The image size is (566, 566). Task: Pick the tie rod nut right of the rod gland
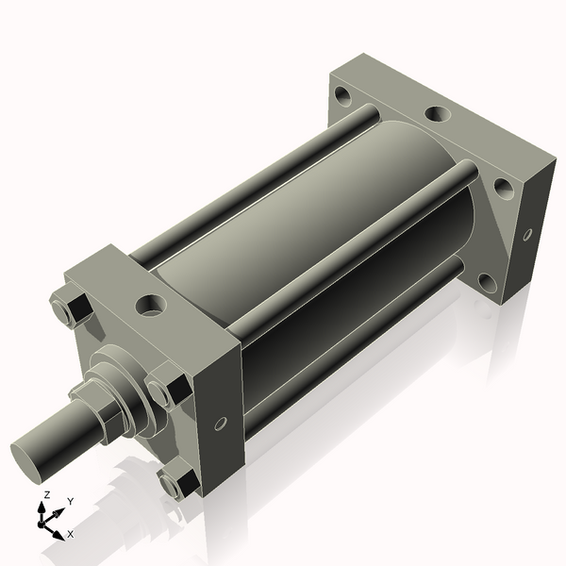[169, 389]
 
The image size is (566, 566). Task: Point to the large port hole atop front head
[151, 305]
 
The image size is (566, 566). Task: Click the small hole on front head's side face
[221, 424]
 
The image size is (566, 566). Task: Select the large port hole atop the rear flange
[437, 114]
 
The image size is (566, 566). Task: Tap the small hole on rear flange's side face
[526, 234]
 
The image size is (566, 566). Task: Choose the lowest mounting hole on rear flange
[486, 281]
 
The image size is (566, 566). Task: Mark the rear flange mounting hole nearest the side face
[504, 189]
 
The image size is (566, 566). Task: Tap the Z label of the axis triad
[46, 494]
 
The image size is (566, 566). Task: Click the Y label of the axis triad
[71, 501]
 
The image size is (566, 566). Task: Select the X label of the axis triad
[71, 534]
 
